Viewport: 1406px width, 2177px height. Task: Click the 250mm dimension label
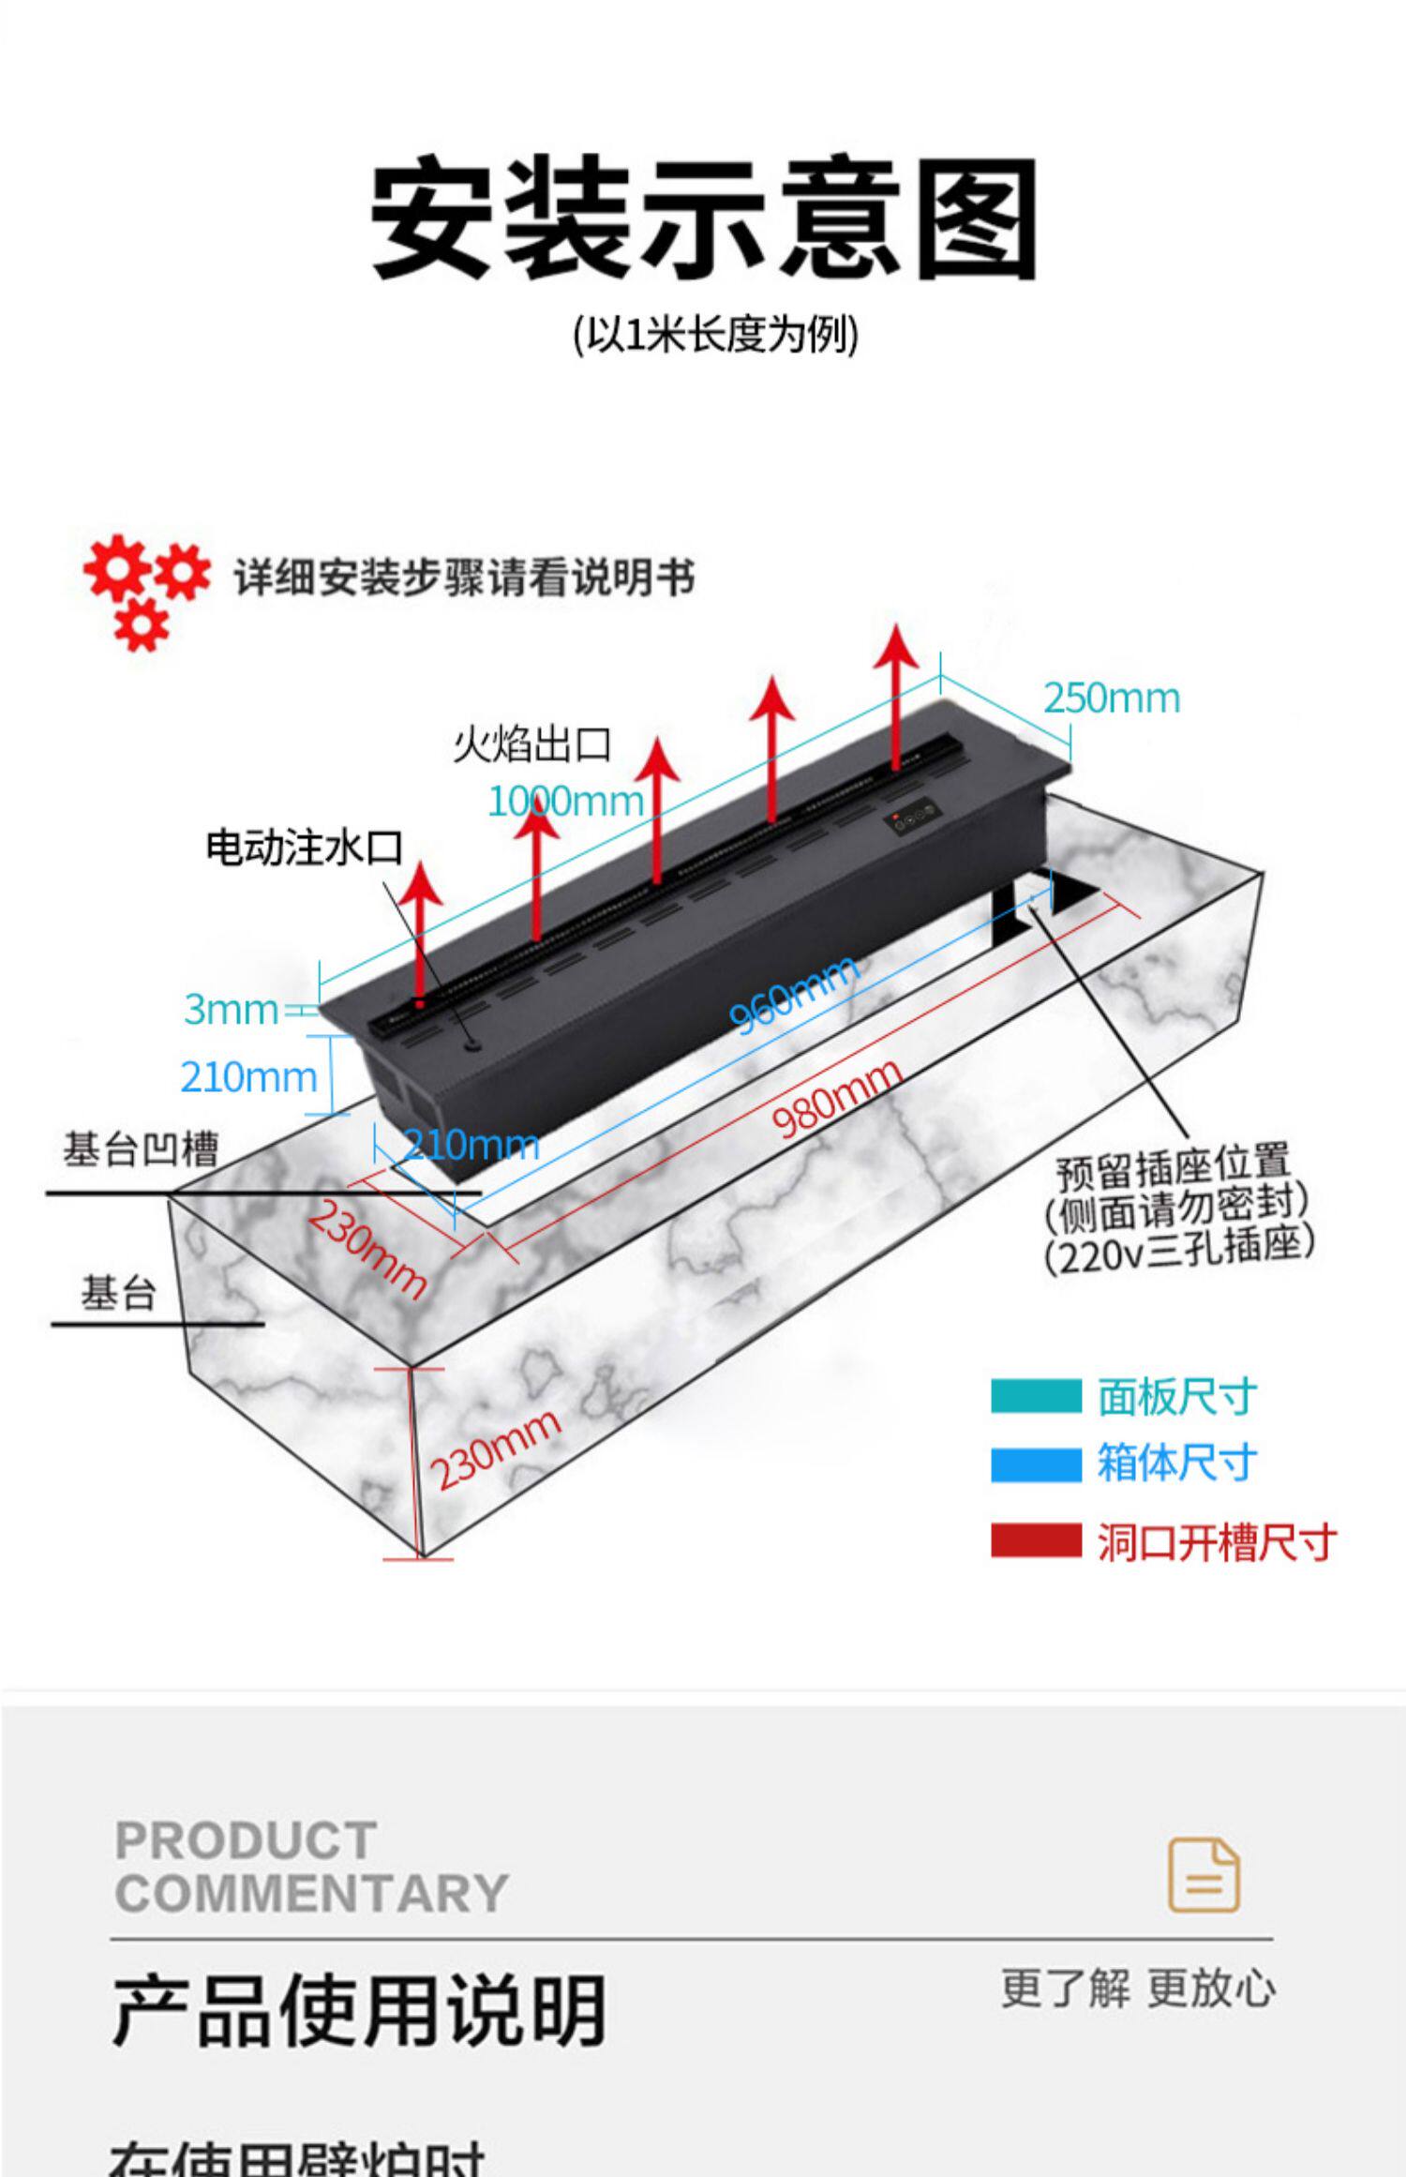point(1111,698)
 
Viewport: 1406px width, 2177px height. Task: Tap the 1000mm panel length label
point(565,802)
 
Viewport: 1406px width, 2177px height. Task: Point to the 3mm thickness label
point(231,1010)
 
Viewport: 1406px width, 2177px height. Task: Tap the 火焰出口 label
point(531,745)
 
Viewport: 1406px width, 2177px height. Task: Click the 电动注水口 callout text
point(304,848)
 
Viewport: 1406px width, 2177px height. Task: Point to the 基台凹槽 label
point(141,1149)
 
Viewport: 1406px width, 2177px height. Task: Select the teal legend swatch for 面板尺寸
point(1035,1396)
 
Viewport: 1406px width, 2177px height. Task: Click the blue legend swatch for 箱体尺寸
point(1035,1464)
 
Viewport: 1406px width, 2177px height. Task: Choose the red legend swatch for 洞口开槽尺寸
point(1035,1542)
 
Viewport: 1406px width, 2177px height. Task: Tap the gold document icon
point(1204,1875)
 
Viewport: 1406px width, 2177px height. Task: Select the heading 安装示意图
point(703,218)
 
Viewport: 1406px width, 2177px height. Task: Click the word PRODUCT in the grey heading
point(246,1840)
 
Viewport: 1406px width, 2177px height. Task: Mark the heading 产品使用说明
point(359,2010)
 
